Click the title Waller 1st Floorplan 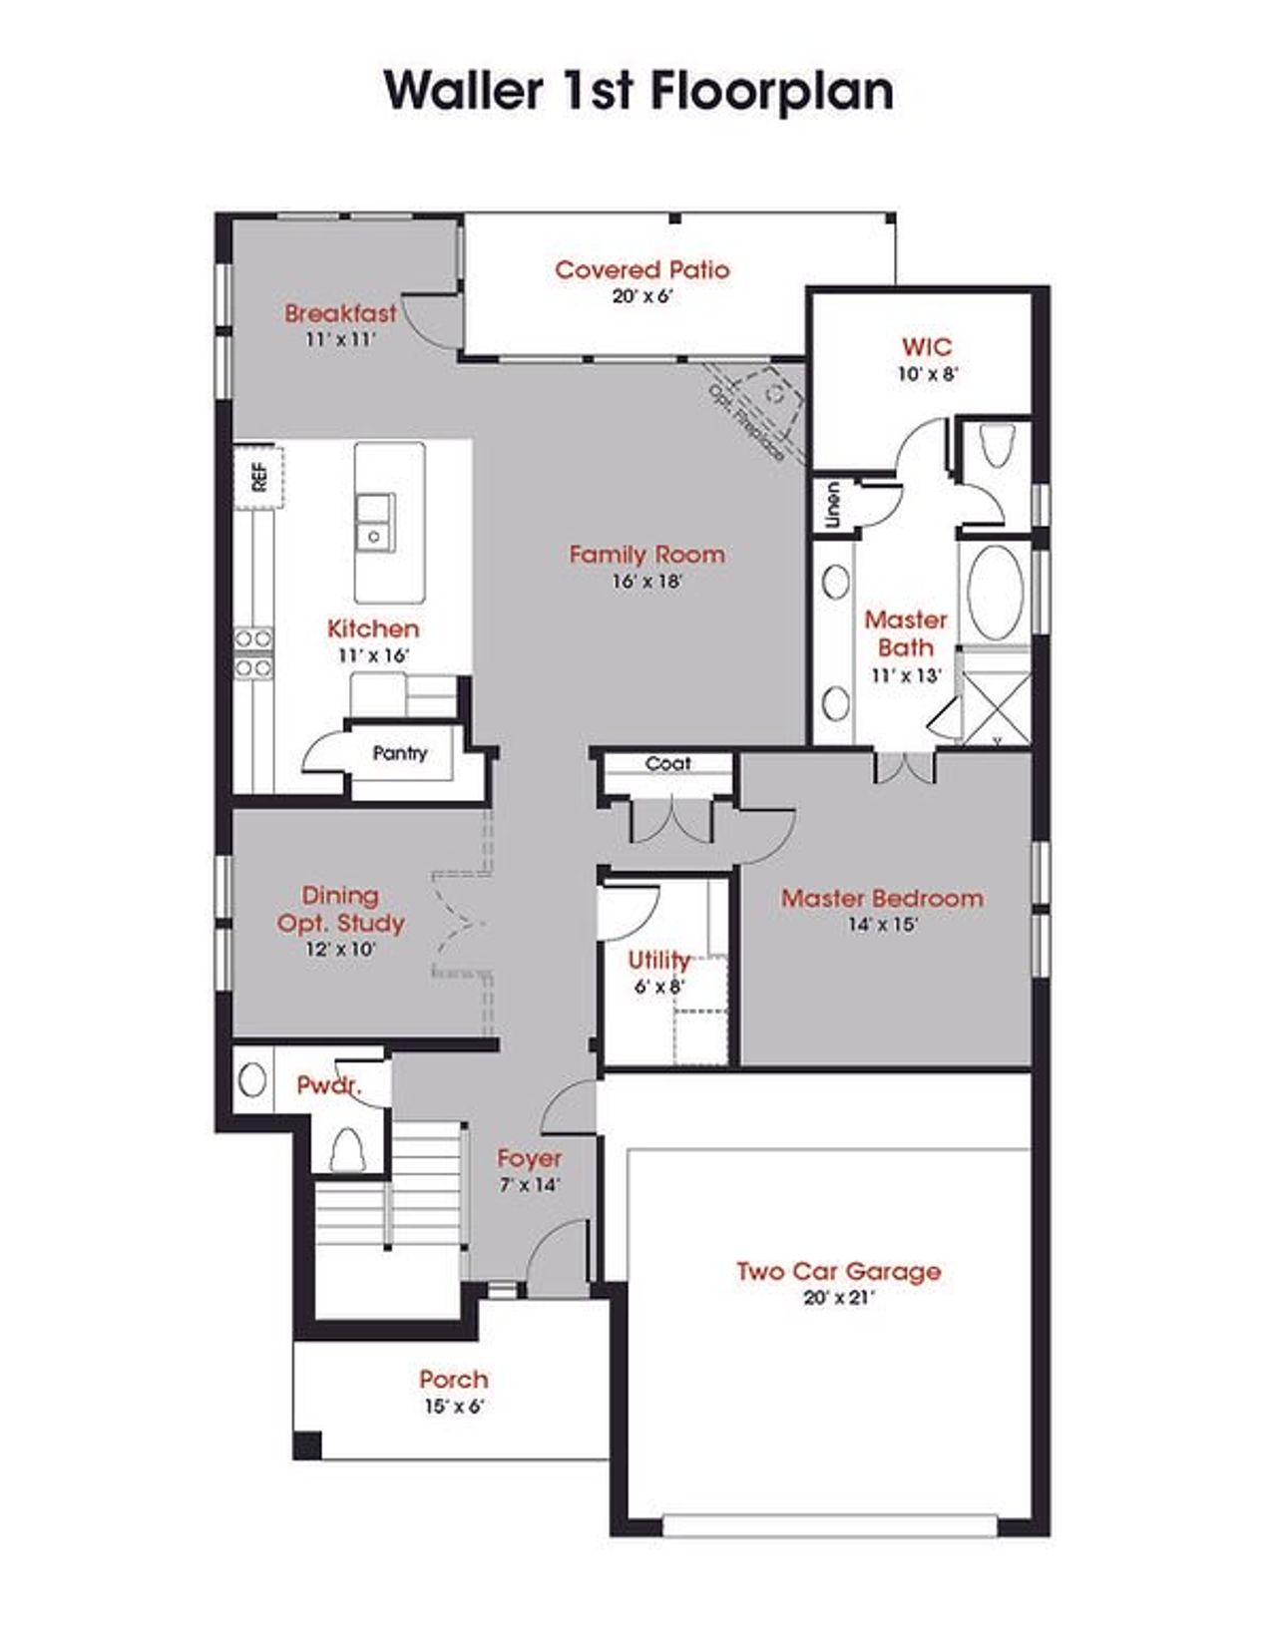tap(638, 92)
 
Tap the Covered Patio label tap(641, 269)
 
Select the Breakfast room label tap(340, 313)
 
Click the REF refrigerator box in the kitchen tap(258, 477)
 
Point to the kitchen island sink tap(375, 522)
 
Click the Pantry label tap(400, 753)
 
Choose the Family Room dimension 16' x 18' tap(647, 582)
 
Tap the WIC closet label tap(926, 347)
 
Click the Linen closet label tap(833, 505)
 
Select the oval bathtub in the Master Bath tap(995, 593)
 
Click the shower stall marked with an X tap(996, 707)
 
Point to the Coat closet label tap(667, 763)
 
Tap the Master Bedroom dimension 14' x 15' tap(883, 925)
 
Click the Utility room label tap(658, 961)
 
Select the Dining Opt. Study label tap(340, 910)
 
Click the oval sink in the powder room tap(252, 1079)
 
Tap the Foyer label tap(530, 1158)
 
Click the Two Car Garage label tap(839, 1271)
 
